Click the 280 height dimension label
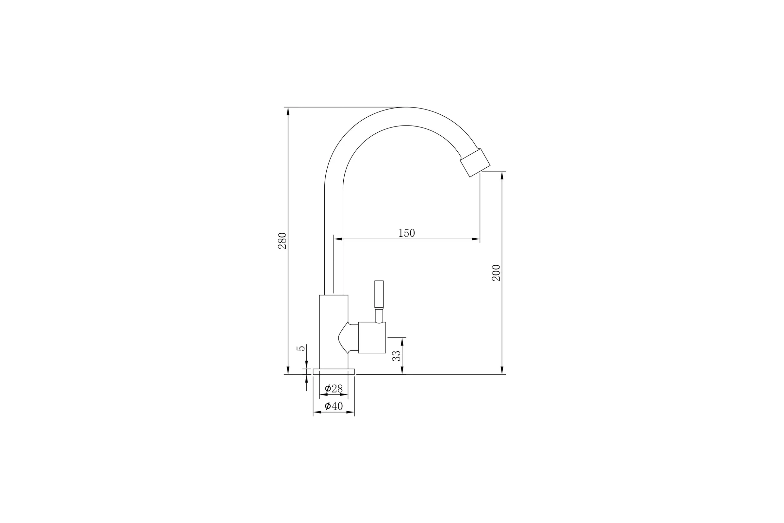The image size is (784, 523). tap(282, 241)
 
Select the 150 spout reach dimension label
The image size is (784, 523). tap(407, 233)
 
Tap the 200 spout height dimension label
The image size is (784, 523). tap(496, 273)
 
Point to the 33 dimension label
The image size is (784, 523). tap(396, 356)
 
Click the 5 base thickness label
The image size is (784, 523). tap(301, 348)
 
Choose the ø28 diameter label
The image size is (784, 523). tap(334, 389)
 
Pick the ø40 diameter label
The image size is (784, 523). tap(334, 406)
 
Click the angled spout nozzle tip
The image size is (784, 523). tap(475, 163)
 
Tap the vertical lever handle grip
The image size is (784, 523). tap(379, 295)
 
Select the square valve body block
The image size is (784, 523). tap(372, 338)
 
